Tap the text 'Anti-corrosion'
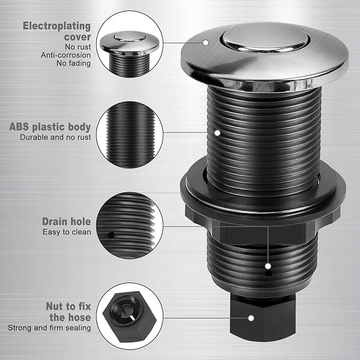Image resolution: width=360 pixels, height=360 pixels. coord(66,55)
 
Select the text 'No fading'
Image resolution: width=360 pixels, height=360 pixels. coord(74,64)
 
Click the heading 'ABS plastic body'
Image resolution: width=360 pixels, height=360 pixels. coord(50,127)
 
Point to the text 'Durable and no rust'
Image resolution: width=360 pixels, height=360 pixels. coord(55,137)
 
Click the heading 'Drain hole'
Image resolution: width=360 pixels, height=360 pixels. coord(66,222)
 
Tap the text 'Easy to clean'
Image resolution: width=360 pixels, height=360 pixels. coord(67,232)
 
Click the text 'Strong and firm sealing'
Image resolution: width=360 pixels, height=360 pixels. coord(49,328)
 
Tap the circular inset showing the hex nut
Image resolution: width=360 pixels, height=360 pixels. coord(129,314)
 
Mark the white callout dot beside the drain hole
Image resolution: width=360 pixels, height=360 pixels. coord(268,266)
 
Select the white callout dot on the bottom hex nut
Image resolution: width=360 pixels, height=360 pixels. coord(251,319)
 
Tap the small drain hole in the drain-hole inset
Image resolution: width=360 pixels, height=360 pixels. coord(111,234)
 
